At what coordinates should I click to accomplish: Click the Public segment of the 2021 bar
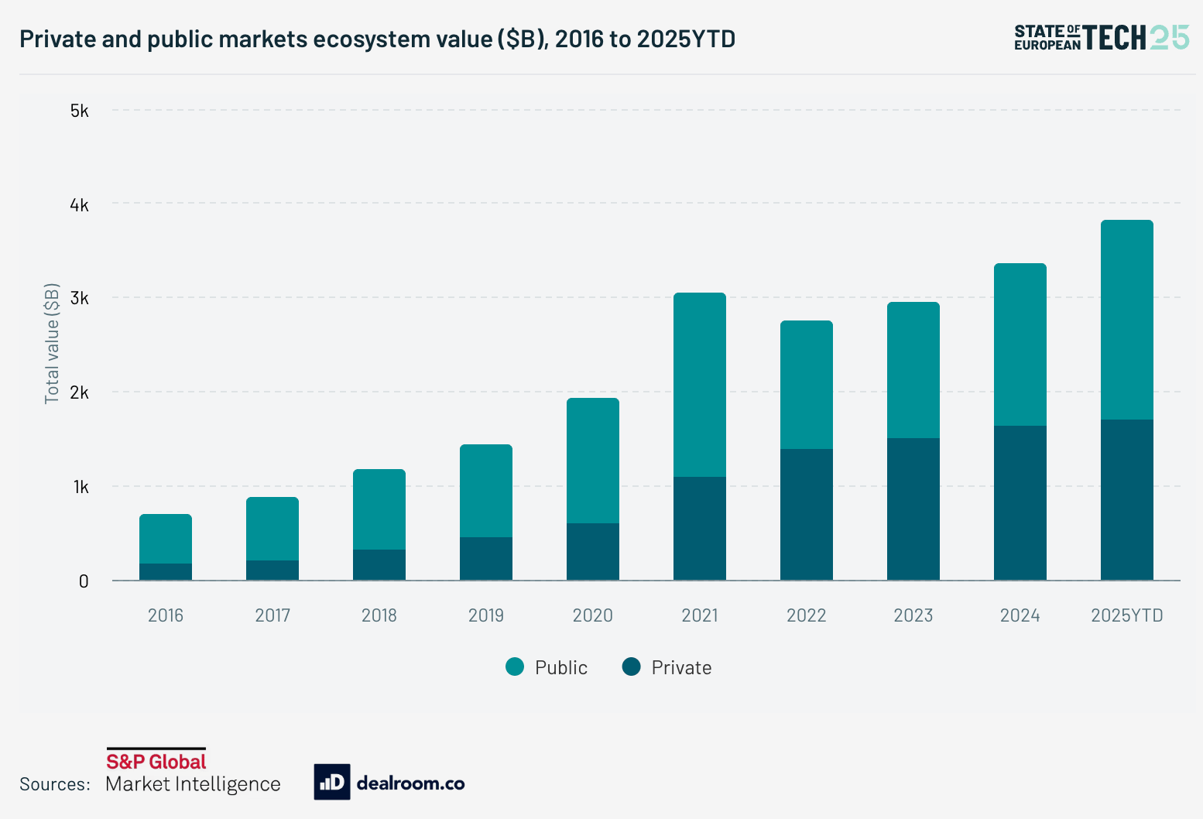click(x=700, y=385)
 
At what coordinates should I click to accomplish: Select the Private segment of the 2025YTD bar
click(x=1127, y=499)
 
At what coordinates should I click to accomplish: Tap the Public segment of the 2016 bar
click(x=166, y=539)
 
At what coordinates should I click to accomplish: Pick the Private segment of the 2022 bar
click(x=807, y=514)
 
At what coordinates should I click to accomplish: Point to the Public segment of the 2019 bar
click(x=486, y=491)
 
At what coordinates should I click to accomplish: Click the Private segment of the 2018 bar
click(x=379, y=564)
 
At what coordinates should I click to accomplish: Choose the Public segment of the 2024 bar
click(x=1020, y=344)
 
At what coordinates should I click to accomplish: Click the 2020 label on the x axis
click(x=593, y=615)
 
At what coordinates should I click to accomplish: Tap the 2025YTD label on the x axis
click(x=1127, y=615)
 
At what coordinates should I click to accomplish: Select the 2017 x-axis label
click(x=272, y=615)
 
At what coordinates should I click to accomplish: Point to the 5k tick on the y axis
click(x=80, y=111)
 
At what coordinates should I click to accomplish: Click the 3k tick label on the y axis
click(x=80, y=299)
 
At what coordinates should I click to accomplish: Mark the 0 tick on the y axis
click(x=84, y=581)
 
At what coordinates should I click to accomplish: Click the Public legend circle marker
click(x=515, y=667)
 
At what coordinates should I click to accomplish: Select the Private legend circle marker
click(x=632, y=667)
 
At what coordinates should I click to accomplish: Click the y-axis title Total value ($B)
click(x=52, y=344)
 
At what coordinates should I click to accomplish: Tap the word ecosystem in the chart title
click(x=366, y=39)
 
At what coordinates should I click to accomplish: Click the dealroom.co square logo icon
click(x=332, y=782)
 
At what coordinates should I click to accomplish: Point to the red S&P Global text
click(x=156, y=762)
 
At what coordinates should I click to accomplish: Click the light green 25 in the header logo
click(x=1170, y=37)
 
